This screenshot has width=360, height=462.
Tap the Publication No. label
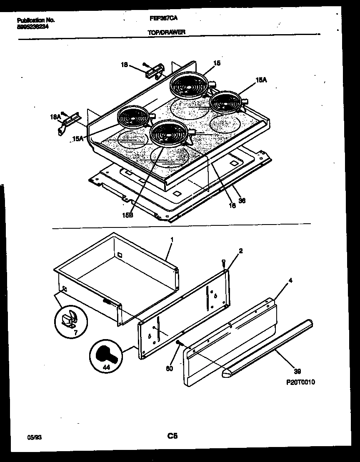click(36, 20)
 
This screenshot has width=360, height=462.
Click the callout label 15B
click(128, 215)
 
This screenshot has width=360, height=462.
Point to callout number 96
click(242, 201)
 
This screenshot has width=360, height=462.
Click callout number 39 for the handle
click(297, 371)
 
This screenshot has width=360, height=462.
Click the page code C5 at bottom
click(172, 436)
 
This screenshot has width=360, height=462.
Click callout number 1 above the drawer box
click(171, 240)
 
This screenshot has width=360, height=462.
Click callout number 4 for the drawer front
click(290, 281)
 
